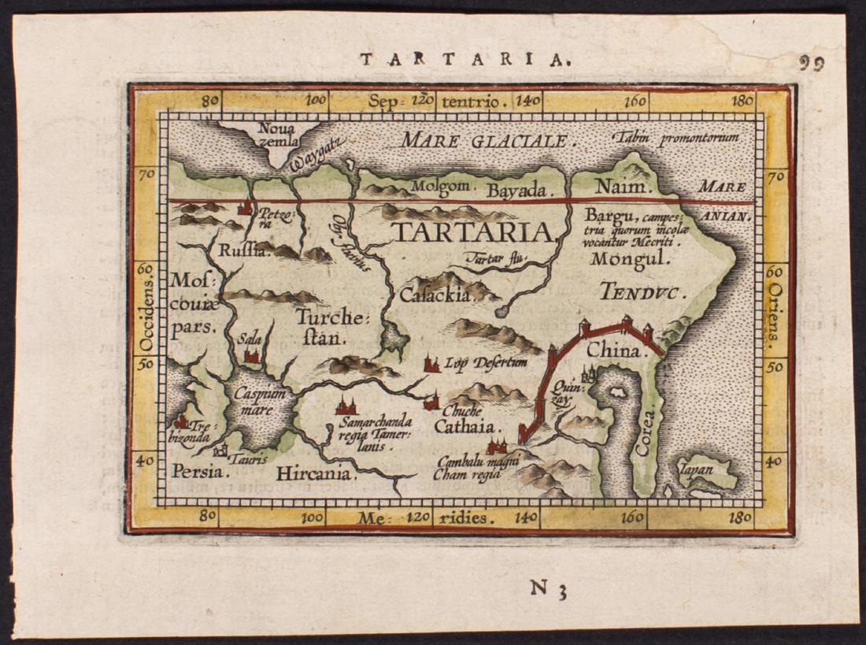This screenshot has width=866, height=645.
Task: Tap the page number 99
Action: tap(812, 64)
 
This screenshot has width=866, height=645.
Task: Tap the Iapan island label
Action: tap(697, 469)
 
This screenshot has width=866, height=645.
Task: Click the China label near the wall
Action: tap(613, 351)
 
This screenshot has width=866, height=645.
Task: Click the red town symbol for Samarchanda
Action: tap(346, 406)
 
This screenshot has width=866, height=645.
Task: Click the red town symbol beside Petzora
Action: tap(246, 208)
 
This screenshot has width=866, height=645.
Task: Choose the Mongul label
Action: tap(630, 258)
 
